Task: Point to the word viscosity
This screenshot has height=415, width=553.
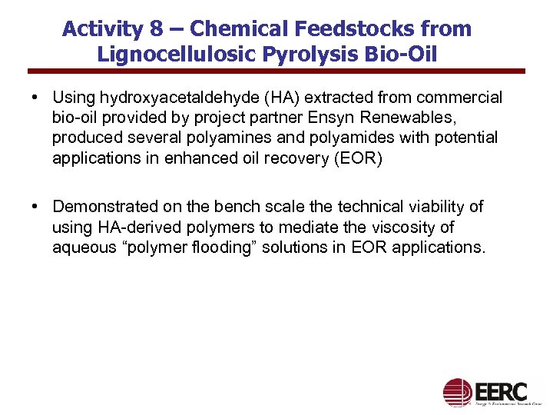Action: (423, 227)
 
